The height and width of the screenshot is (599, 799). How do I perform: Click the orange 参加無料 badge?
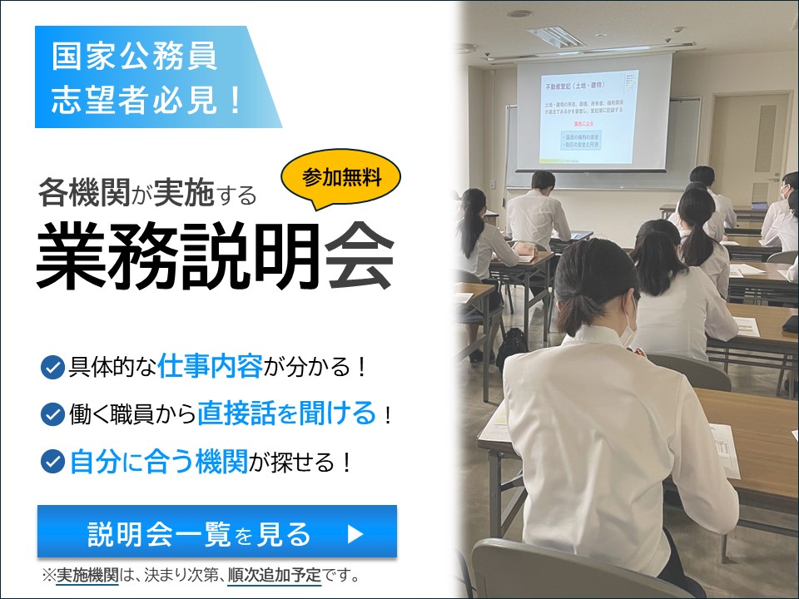point(342,178)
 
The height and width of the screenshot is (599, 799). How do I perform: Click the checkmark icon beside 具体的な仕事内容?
point(52,367)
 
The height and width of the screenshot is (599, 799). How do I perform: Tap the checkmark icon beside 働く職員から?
point(52,413)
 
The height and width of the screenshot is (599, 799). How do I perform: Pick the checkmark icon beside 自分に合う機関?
point(52,461)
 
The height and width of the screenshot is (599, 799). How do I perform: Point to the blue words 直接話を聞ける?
point(287,413)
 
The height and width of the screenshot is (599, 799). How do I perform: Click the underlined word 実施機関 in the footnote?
point(87,575)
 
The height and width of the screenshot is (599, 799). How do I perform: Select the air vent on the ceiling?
point(557,36)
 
